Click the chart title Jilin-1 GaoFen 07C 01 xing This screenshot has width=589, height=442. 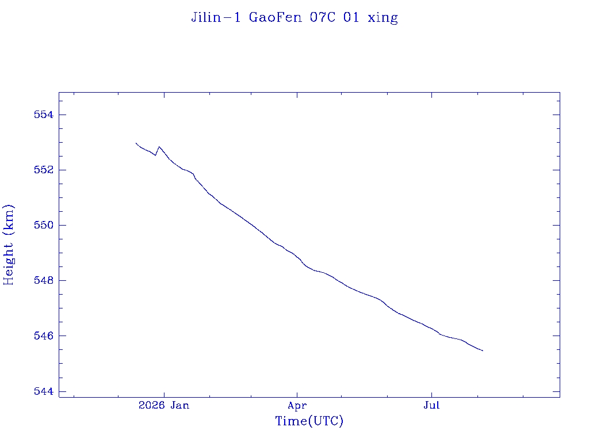point(294,18)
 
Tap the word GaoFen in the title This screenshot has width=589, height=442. point(275,17)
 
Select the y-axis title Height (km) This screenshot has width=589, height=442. point(8,245)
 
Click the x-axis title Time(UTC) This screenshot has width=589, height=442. point(309,421)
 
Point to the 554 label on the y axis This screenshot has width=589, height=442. point(44,115)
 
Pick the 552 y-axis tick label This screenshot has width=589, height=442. point(44,170)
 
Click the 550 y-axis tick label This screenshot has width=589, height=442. point(44,225)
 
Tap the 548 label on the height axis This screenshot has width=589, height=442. point(44,280)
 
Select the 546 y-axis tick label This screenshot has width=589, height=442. point(44,336)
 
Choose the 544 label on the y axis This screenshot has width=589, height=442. point(44,391)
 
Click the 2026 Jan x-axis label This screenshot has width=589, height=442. point(164,405)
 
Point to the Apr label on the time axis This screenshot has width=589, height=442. point(297,406)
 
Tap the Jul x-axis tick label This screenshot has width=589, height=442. point(431,405)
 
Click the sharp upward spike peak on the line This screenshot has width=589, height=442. point(159,147)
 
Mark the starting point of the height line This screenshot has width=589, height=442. point(136,143)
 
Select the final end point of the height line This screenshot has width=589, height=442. point(483,350)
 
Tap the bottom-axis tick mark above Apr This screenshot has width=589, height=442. point(297,394)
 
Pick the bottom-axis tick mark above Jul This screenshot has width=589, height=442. point(431,394)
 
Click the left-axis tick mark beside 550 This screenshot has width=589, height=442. point(62,225)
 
